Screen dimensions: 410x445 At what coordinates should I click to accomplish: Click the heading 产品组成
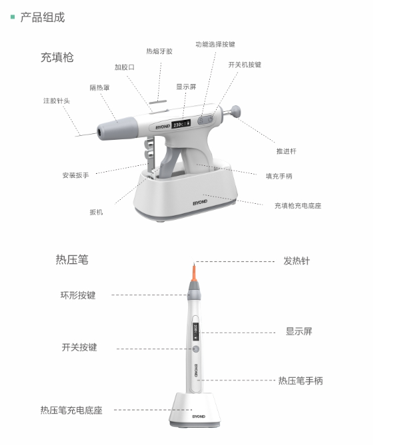click(43, 17)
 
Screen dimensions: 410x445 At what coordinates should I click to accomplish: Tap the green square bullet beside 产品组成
click(13, 17)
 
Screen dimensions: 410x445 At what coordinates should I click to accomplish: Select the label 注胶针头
click(57, 101)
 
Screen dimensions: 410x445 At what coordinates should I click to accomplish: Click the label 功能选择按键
click(215, 44)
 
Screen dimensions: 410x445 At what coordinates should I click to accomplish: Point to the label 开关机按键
click(245, 65)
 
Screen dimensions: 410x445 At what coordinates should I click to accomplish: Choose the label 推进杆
click(286, 151)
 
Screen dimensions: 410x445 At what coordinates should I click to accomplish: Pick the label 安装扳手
click(75, 175)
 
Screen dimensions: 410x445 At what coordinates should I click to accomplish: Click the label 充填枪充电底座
click(298, 206)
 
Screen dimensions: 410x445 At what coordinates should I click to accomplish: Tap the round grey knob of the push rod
click(235, 111)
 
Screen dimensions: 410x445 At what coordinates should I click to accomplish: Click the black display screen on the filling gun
click(181, 124)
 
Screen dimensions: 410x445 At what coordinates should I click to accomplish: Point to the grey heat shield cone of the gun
click(117, 129)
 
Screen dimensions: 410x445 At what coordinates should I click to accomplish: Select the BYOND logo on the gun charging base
click(200, 203)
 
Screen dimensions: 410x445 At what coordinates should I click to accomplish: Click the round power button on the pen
click(195, 349)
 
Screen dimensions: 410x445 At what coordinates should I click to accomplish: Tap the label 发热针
click(297, 261)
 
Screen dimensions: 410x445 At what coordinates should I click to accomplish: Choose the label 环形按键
click(78, 295)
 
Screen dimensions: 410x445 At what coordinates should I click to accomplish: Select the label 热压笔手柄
click(301, 380)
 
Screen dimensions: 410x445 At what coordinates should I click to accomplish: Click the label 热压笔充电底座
click(71, 410)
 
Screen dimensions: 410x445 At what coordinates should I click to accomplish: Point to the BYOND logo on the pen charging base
click(199, 416)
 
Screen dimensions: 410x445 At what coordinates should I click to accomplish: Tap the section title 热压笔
click(72, 260)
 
